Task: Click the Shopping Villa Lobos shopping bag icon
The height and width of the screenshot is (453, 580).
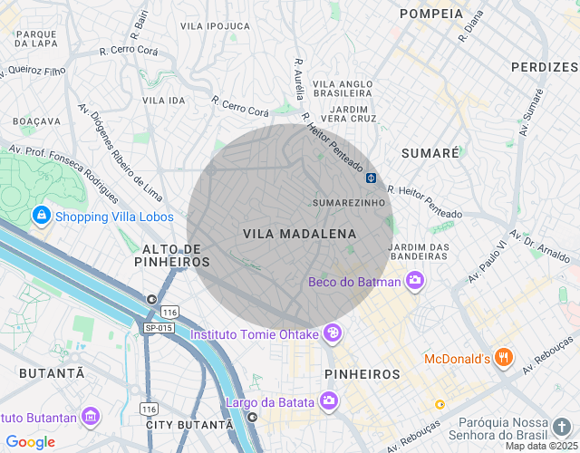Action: point(41,216)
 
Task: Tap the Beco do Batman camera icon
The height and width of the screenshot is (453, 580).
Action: point(415,280)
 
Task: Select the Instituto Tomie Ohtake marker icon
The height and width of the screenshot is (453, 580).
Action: point(332,333)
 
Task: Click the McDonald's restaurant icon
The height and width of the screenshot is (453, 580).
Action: point(505,358)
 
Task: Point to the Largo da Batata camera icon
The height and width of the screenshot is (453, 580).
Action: point(328,400)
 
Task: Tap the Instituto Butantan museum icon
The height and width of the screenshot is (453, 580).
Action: point(90,416)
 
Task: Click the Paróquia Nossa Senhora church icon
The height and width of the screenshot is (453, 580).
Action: point(562,426)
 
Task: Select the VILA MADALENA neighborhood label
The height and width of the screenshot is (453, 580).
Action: point(300,234)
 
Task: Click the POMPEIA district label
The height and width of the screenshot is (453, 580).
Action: point(431,14)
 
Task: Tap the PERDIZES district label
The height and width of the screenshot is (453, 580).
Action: point(544,67)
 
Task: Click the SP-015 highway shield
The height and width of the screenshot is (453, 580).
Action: point(158,327)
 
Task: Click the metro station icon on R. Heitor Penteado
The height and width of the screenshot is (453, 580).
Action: point(372,177)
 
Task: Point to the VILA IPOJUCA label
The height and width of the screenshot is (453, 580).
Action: point(216,26)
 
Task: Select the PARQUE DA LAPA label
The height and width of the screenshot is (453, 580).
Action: point(36,38)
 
